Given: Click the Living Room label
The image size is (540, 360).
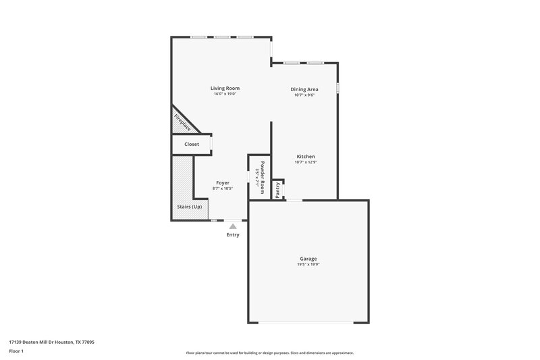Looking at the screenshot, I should [225, 88].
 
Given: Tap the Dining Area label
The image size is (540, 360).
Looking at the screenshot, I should [304, 89].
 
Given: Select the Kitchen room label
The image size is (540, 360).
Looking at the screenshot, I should [305, 156].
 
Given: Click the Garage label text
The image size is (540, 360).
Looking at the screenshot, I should [308, 259].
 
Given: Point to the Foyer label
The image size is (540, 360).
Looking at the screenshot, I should [223, 183].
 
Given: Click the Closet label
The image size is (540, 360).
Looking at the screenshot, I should [192, 145].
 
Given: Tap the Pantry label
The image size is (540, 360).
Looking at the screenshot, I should [277, 190].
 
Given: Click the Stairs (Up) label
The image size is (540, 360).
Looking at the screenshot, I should [189, 206].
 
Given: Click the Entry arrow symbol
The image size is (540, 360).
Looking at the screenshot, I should [233, 226].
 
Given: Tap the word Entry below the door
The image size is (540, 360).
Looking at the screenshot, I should [233, 235].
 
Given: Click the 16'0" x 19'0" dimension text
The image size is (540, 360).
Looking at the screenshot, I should [225, 94].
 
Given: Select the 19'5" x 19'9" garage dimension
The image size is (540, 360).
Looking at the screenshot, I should [308, 265].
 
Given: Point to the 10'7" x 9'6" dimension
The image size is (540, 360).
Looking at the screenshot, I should [304, 95].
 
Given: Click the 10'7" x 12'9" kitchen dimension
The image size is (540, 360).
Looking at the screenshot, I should [305, 162].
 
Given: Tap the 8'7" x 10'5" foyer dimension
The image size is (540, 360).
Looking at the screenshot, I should [223, 189].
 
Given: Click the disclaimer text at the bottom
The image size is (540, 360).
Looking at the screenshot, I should [270, 353].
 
